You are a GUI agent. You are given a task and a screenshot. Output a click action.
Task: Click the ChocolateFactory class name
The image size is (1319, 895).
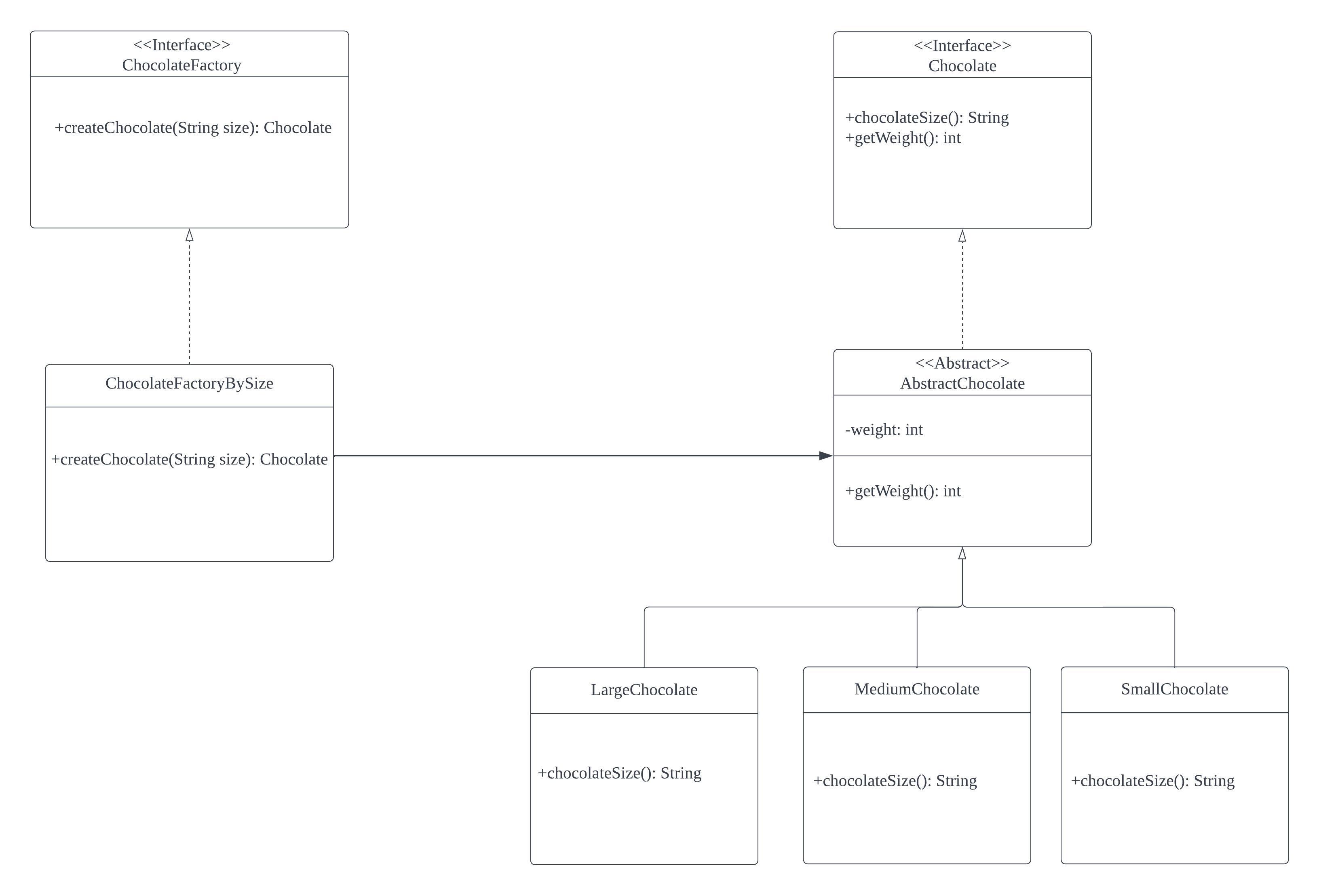pos(181,65)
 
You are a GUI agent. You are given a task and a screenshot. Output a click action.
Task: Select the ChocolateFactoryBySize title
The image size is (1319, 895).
pos(189,384)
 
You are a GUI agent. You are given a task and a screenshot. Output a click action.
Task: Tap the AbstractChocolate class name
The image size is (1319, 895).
pos(962,384)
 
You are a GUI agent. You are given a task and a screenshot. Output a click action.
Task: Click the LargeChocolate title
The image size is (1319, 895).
pos(644,690)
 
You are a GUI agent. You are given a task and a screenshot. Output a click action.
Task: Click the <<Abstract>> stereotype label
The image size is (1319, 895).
pos(962,363)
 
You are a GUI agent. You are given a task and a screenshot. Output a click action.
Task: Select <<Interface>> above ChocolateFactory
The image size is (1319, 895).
pos(181,45)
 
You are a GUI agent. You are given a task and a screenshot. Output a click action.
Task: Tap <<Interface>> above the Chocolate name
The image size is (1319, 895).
pos(962,45)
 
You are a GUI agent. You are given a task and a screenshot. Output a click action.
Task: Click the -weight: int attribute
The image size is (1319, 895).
pos(884,430)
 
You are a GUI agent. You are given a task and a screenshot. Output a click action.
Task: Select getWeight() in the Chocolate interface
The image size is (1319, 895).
pos(902,138)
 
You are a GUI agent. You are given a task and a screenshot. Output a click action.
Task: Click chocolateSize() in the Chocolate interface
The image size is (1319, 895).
pos(926,118)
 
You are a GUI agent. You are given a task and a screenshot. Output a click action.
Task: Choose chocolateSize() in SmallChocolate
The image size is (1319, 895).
pos(1152,781)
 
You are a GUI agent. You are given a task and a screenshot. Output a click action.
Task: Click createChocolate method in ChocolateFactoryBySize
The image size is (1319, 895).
pos(189,459)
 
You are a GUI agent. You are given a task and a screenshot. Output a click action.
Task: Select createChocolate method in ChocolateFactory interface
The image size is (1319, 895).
pos(193,128)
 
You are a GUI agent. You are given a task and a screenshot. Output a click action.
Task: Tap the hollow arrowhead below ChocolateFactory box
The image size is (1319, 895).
pos(190,236)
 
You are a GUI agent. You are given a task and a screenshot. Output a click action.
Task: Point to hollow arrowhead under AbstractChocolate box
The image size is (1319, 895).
pos(962,553)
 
